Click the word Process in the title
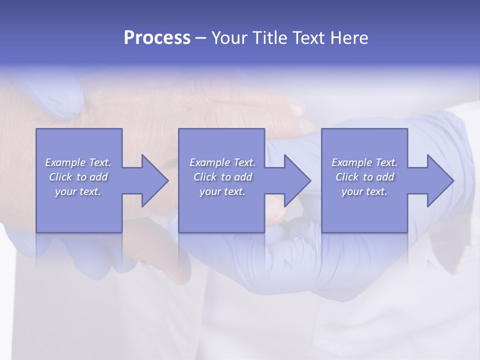(x=157, y=38)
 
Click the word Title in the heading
(x=269, y=38)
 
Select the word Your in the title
(x=231, y=38)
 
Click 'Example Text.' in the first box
(x=78, y=162)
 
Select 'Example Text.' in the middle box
(x=222, y=162)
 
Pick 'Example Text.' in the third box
(x=364, y=162)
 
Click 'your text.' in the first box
(x=78, y=191)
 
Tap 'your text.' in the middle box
(x=222, y=191)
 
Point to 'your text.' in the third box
(x=364, y=191)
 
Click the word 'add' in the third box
(x=384, y=177)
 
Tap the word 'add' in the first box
(x=98, y=177)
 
